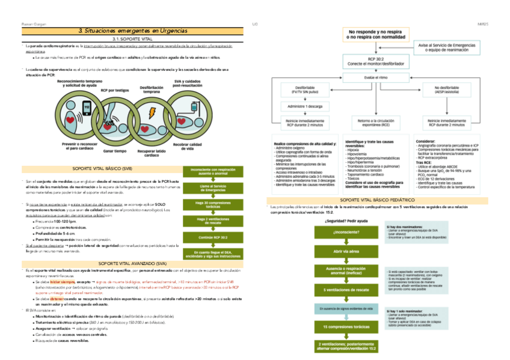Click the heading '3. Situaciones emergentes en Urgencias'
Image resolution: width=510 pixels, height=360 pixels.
click(132, 31)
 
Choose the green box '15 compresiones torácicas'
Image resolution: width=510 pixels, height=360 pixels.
click(344, 327)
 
